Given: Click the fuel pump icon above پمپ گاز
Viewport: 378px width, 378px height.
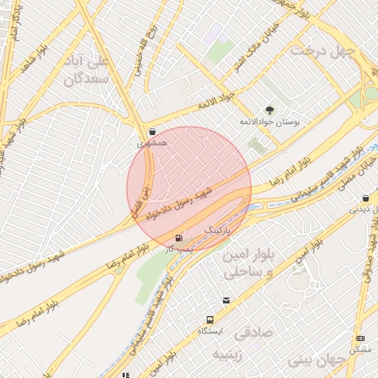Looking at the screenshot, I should click(180, 238).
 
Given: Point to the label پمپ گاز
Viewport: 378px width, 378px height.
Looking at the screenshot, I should click(179, 250).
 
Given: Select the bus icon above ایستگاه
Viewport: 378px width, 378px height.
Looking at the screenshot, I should click(210, 320).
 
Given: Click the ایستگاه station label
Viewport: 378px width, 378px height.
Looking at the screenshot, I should click(211, 332).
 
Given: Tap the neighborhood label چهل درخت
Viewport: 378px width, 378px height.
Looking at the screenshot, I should click(323, 51).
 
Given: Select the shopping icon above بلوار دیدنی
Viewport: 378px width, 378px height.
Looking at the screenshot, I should click(366, 198).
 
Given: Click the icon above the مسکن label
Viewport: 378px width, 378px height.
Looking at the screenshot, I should click(360, 337).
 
